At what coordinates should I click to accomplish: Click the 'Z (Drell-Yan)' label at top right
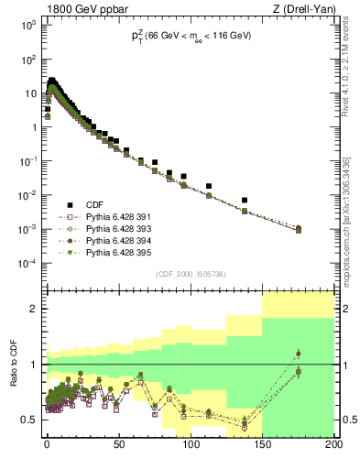pyautogui.click(x=303, y=9)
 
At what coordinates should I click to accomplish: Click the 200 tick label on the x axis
pyautogui.click(x=333, y=445)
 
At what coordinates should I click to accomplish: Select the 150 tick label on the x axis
pyautogui.click(x=262, y=445)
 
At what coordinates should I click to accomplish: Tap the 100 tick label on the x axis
pyautogui.click(x=191, y=445)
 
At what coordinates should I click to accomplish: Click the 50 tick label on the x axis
pyautogui.click(x=119, y=445)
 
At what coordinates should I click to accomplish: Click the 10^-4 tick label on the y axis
pyautogui.click(x=27, y=264)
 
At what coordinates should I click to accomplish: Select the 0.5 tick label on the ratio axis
pyautogui.click(x=30, y=420)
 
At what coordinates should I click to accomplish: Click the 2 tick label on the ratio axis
pyautogui.click(x=35, y=309)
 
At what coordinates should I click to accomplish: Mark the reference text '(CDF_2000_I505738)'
pyautogui.click(x=190, y=275)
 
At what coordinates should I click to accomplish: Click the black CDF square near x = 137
pyautogui.click(x=245, y=200)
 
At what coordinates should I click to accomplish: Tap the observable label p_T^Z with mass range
pyautogui.click(x=190, y=36)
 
